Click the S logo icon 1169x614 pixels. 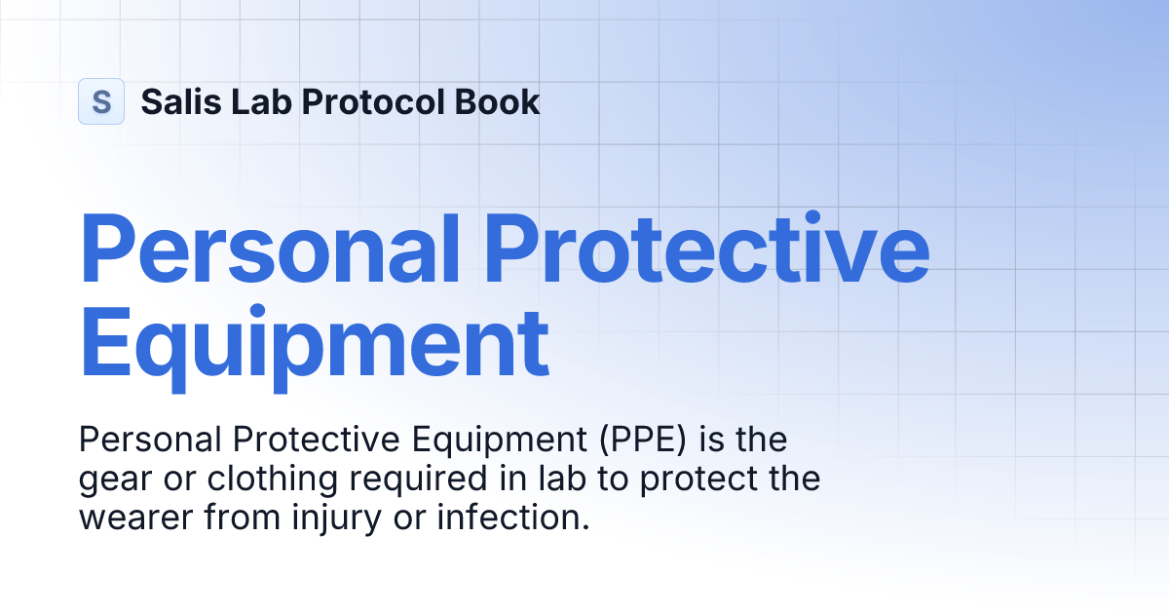point(101,101)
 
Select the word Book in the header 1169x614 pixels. point(503,101)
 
